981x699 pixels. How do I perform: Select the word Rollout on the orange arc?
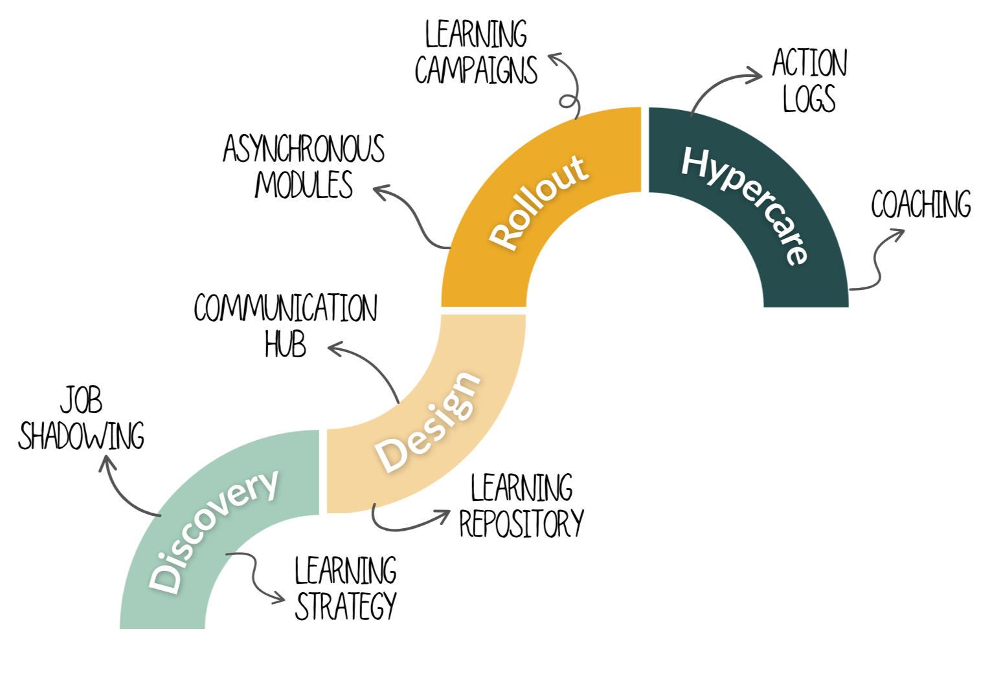pyautogui.click(x=539, y=201)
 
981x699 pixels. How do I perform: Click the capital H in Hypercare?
pyautogui.click(x=695, y=162)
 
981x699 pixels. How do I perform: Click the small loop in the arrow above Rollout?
pyautogui.click(x=568, y=102)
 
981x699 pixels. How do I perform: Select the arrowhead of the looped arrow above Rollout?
pyautogui.click(x=554, y=58)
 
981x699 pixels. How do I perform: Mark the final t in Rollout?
pyautogui.click(x=580, y=168)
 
